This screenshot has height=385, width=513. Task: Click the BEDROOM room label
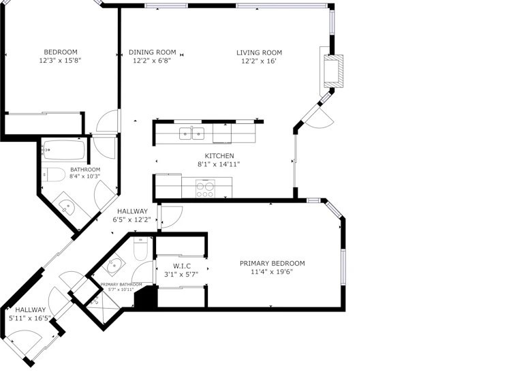point(61,52)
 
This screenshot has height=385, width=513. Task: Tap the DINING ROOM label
point(152,52)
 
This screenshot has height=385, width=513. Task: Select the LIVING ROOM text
point(259,52)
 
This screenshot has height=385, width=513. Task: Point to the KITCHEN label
point(219,155)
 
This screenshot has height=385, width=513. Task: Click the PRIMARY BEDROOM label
point(273,263)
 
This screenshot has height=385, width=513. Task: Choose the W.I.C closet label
point(182,266)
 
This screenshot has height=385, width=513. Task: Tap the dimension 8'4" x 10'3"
point(84,176)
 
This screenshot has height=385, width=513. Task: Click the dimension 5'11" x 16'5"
point(30,318)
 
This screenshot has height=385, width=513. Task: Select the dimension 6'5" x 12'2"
point(132,220)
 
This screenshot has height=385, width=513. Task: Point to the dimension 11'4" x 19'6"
point(272,271)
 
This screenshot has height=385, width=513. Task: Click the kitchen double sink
point(191,134)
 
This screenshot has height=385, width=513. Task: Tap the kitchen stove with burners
point(205,189)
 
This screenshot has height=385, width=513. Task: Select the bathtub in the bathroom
point(64,150)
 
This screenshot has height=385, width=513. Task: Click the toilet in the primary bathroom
point(141,249)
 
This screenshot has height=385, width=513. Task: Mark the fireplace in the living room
point(333,72)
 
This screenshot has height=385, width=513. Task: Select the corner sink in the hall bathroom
point(67,206)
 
